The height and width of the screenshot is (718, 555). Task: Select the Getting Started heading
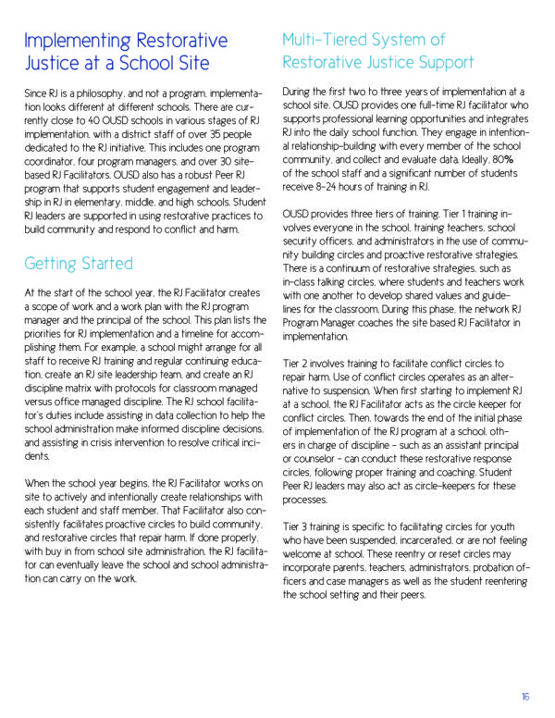click(x=79, y=263)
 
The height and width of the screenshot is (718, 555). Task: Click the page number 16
click(x=525, y=698)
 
